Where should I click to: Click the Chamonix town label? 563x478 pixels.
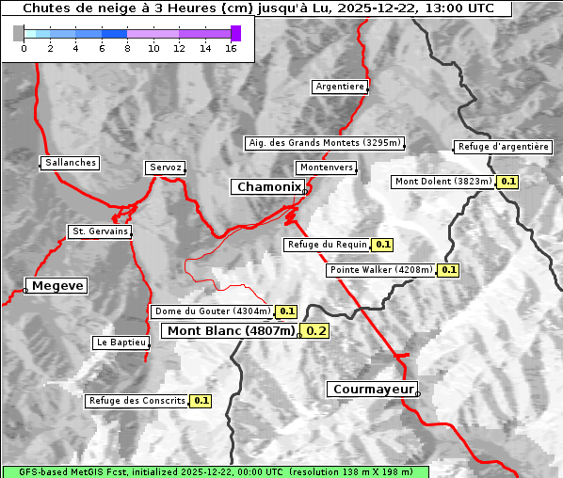click(268, 187)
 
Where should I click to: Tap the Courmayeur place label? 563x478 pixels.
click(372, 389)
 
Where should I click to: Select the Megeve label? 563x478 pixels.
click(57, 285)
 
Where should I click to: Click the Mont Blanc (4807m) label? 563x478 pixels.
click(231, 330)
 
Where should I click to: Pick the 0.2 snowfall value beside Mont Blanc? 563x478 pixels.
click(316, 330)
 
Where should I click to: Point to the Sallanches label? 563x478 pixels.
click(71, 163)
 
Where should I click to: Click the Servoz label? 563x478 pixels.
click(165, 167)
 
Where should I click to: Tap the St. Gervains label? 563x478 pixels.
click(100, 231)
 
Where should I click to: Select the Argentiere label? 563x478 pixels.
click(340, 87)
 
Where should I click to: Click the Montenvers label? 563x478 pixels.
click(327, 167)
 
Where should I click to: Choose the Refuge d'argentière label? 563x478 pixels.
click(503, 147)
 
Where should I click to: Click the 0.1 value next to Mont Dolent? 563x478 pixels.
click(508, 182)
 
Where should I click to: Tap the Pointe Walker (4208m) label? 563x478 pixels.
click(381, 270)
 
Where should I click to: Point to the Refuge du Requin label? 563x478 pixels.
click(327, 245)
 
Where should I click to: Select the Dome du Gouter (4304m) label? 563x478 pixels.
click(212, 311)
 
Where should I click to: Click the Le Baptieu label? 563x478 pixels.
click(121, 343)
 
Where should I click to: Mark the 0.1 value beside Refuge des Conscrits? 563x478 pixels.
click(201, 401)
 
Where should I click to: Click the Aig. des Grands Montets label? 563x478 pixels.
click(325, 143)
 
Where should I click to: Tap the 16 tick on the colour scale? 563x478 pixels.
click(231, 47)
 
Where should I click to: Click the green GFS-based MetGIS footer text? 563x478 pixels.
click(215, 471)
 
